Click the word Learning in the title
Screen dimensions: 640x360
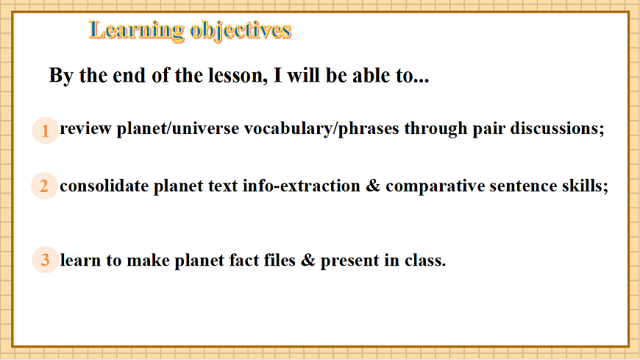[137, 31]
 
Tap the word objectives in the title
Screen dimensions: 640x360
[241, 31]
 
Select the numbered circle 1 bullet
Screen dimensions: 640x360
[45, 131]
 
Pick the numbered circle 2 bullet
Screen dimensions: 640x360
[44, 186]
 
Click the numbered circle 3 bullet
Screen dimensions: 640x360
[45, 260]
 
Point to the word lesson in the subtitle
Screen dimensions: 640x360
[238, 76]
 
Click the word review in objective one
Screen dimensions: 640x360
[86, 129]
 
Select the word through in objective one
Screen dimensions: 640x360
[436, 129]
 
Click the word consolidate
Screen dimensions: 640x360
[104, 186]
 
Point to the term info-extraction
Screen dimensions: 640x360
[302, 186]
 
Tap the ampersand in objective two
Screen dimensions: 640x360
[373, 186]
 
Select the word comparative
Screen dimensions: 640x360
[435, 187]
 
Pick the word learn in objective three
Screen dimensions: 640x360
[80, 261]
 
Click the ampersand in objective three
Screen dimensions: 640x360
[308, 261]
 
